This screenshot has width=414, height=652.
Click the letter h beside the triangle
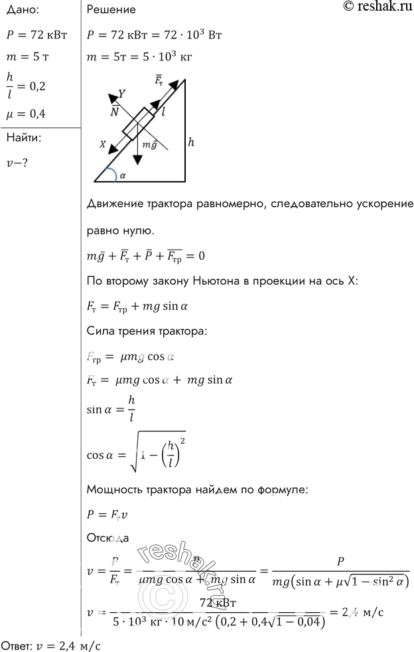191,141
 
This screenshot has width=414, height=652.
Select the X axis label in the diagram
103,143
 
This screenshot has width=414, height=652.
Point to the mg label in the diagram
151,143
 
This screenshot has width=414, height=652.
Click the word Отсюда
108,538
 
